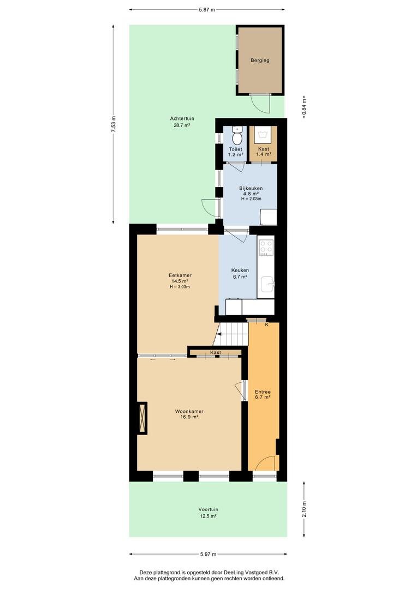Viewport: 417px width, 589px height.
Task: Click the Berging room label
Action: (260, 60)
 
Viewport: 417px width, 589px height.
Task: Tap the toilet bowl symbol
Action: (237, 136)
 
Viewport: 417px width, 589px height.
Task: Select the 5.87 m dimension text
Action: (207, 10)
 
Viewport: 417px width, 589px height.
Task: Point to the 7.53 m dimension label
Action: (114, 124)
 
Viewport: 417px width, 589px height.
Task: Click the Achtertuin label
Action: (182, 119)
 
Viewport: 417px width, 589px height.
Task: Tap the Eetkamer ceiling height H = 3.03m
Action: (180, 287)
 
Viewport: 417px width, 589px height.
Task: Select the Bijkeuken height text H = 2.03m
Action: (251, 199)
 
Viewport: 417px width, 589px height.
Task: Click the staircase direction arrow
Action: (218, 333)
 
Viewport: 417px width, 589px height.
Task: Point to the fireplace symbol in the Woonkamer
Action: (142, 418)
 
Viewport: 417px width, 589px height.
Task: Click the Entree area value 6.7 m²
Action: (263, 397)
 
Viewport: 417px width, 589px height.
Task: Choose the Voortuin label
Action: (208, 509)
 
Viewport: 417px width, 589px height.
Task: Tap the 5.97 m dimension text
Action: (208, 554)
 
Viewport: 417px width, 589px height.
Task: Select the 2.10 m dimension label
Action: (304, 509)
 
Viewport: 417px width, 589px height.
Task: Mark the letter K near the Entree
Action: (266, 324)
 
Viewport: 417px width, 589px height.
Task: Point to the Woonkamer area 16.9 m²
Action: (189, 417)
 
